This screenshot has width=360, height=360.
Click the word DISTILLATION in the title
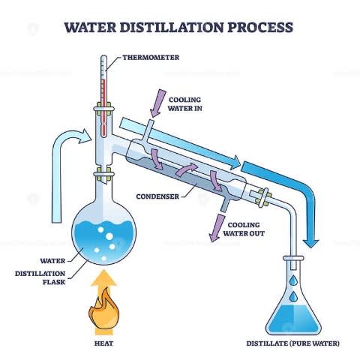pyautogui.click(x=171, y=27)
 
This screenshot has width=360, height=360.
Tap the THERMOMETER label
pyautogui.click(x=151, y=58)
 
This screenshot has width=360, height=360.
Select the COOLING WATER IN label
pyautogui.click(x=185, y=104)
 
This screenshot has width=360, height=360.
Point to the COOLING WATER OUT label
pyautogui.click(x=244, y=229)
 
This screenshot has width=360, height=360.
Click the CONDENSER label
pyautogui.click(x=157, y=196)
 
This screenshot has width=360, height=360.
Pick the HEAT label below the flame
pyautogui.click(x=103, y=343)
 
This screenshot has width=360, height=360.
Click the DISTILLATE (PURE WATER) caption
pyautogui.click(x=293, y=343)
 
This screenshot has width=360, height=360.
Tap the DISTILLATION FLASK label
pyautogui.click(x=40, y=277)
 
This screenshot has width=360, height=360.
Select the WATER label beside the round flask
pyautogui.click(x=52, y=261)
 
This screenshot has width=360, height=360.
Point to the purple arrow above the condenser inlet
pyautogui.click(x=158, y=103)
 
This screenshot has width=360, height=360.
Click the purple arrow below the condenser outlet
pyautogui.click(x=216, y=228)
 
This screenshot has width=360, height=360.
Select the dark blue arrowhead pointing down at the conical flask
pyautogui.click(x=310, y=244)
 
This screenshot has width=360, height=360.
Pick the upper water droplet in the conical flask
pyautogui.click(x=293, y=280)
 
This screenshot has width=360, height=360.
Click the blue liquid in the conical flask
pyautogui.click(x=293, y=319)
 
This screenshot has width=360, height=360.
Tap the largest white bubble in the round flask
pyautogui.click(x=109, y=236)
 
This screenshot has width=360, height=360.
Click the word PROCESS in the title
pyautogui.click(x=260, y=27)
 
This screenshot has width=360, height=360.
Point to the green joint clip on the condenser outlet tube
pyautogui.click(x=263, y=197)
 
